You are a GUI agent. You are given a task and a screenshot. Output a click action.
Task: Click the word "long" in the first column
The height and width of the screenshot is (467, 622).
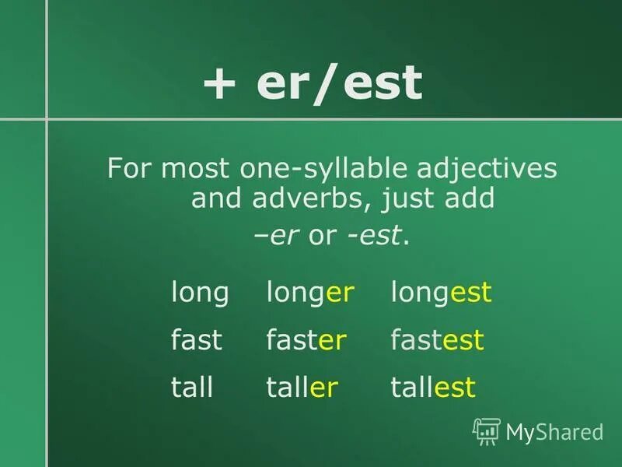[x=200, y=294]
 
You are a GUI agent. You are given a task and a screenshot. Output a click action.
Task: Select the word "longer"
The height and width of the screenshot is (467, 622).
[x=310, y=294]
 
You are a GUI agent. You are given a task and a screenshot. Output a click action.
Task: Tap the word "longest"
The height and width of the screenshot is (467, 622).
[x=441, y=294]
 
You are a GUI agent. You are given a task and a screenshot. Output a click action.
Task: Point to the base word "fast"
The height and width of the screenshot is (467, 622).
[x=197, y=340]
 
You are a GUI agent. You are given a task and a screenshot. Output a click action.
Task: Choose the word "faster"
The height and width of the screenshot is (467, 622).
[x=306, y=340]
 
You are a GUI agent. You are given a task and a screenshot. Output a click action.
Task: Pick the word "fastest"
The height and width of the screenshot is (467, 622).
[x=437, y=340]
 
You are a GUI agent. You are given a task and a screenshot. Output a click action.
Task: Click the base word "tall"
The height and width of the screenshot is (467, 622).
[x=192, y=387]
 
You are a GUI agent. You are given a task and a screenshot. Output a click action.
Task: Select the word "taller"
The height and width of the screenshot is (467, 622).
[x=302, y=387]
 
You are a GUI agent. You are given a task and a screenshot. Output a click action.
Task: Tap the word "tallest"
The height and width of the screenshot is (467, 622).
[x=432, y=387]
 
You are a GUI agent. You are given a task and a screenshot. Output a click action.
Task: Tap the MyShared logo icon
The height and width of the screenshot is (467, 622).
[x=487, y=430]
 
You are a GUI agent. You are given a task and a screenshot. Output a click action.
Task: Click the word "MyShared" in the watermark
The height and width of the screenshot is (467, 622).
[x=554, y=431]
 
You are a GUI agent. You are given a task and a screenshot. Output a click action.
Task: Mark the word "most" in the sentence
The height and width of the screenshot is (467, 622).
[x=189, y=169]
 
